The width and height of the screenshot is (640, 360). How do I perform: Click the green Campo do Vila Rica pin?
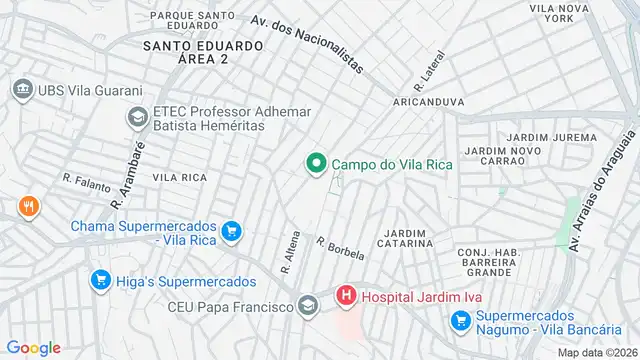[x=316, y=163]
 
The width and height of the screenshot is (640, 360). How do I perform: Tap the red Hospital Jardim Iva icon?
[x=346, y=296]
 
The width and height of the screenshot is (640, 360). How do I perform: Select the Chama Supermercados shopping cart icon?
[x=232, y=232]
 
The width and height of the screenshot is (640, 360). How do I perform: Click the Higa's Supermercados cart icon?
[x=99, y=282]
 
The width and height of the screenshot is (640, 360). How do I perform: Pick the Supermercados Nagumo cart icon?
[x=461, y=320]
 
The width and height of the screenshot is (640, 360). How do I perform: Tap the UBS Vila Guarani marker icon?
[x=22, y=90]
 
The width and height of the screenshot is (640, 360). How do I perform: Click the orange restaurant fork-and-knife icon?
[x=27, y=208]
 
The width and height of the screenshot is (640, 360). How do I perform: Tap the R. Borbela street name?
[x=340, y=248]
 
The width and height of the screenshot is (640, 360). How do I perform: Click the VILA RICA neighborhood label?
[x=180, y=177]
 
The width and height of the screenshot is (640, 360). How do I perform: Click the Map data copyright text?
[x=597, y=352]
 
